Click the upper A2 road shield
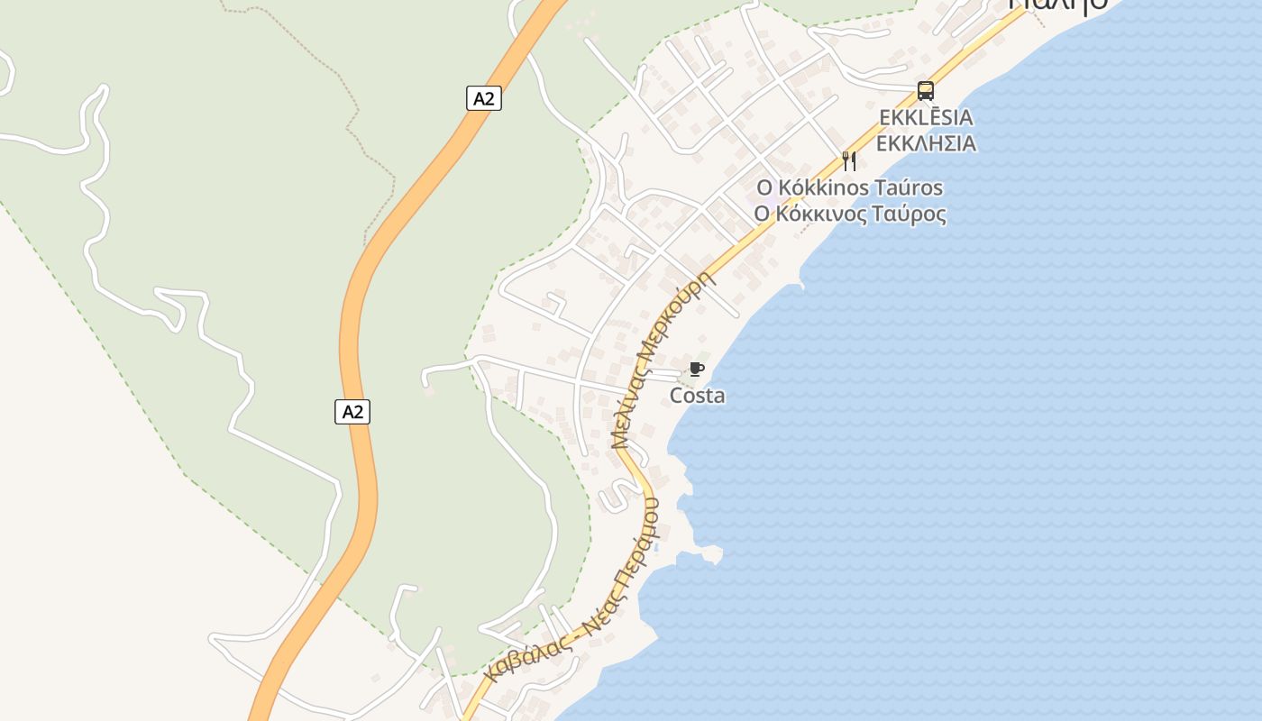(x=484, y=98)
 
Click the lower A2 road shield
(x=352, y=412)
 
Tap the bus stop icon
(x=925, y=90)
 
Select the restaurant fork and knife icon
(x=848, y=161)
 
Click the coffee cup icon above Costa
(x=695, y=369)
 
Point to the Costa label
(x=697, y=396)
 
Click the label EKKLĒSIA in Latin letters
(x=926, y=117)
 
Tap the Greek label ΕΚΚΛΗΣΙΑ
(x=926, y=143)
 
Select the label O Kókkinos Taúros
(x=849, y=187)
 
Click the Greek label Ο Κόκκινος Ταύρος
(x=849, y=214)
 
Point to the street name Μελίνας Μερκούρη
(x=663, y=359)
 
